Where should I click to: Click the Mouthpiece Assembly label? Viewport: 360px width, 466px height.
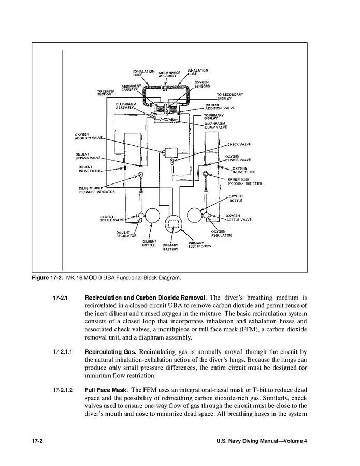pos(165,74)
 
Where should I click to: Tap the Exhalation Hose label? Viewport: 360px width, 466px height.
pos(143,72)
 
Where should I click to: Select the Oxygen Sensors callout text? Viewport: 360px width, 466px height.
pos(203,84)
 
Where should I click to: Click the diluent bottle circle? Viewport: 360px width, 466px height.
pos(153,215)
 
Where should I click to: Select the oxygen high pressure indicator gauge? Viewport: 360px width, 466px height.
pos(206,174)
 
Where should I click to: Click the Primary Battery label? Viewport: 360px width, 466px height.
pos(171,247)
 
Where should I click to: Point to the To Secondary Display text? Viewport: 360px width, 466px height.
pos(230,96)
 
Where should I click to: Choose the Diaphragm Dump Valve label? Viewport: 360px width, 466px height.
pos(218,125)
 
